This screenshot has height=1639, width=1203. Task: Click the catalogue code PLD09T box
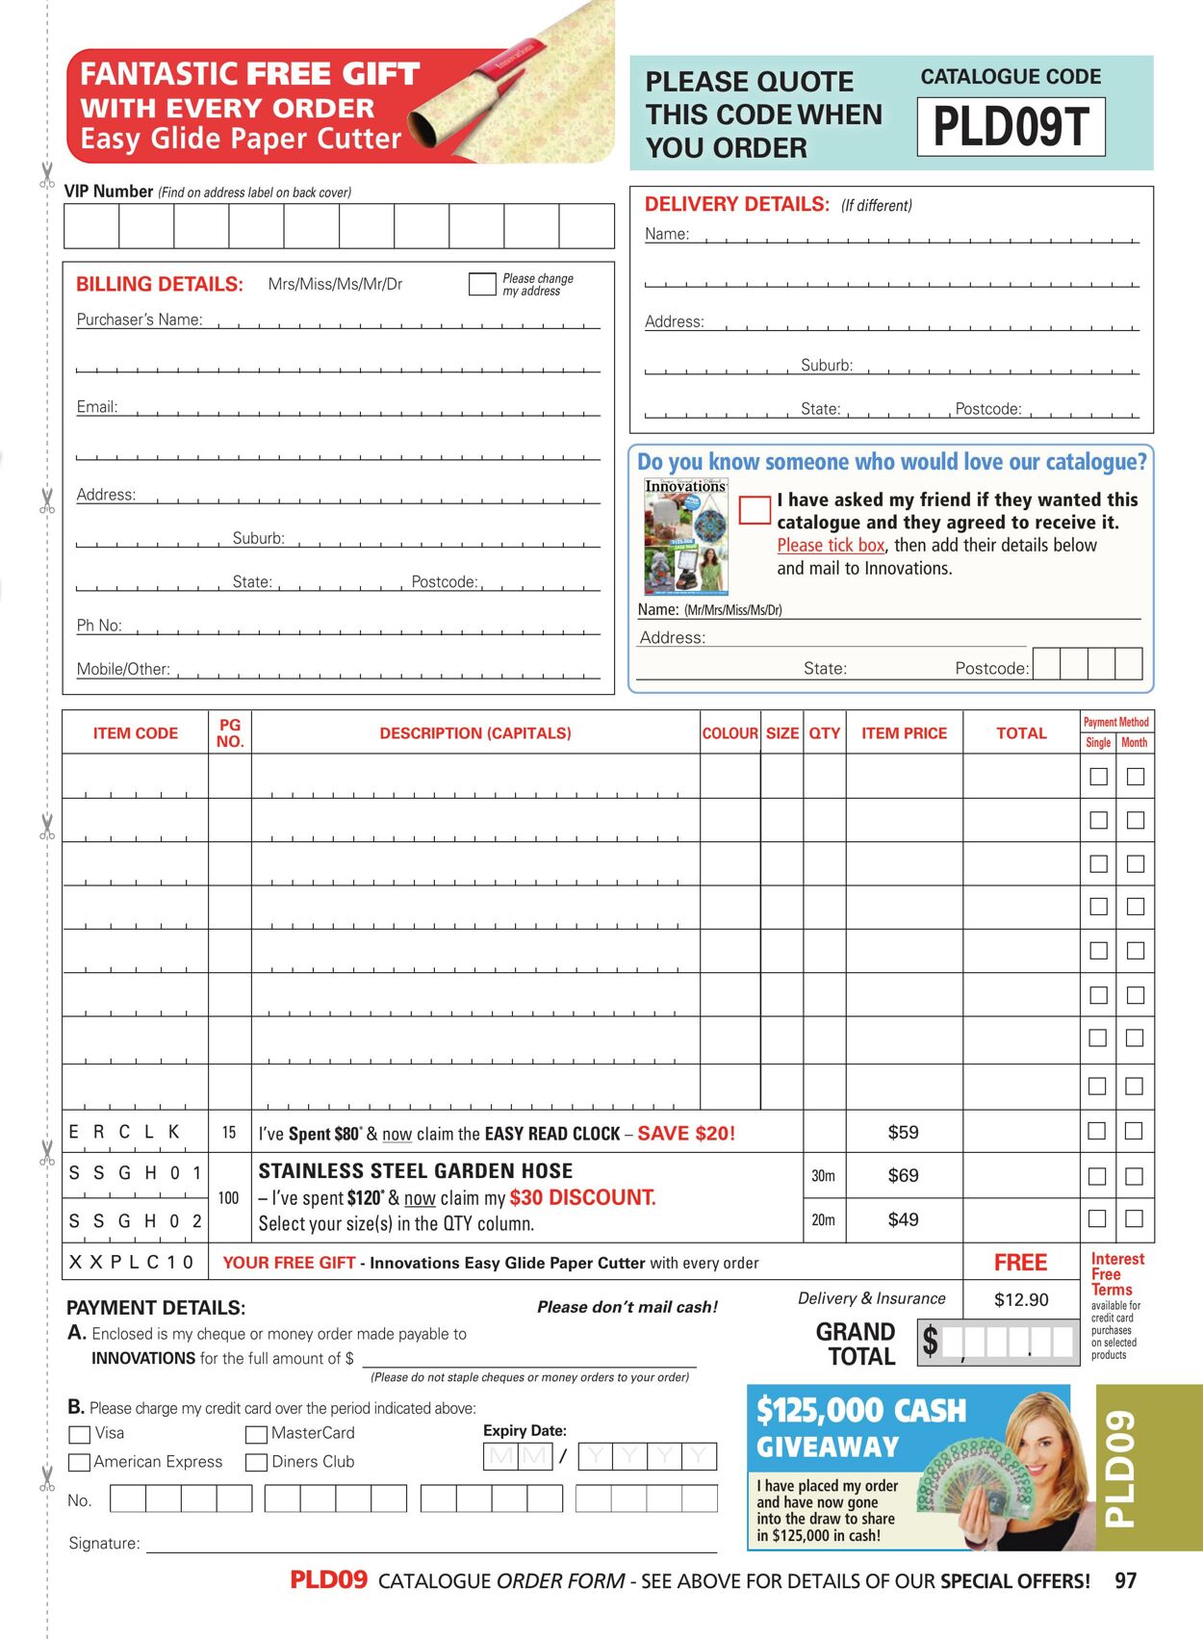pos(1011,126)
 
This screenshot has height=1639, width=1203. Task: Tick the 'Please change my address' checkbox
pos(481,284)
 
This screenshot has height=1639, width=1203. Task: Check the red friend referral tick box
pos(755,510)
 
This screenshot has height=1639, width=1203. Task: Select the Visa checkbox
pos(80,1434)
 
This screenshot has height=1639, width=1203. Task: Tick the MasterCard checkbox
pos(256,1434)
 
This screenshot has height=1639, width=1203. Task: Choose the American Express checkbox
pos(80,1463)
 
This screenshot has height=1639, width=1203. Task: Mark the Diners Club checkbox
pos(256,1463)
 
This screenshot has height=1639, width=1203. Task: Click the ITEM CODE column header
pos(136,733)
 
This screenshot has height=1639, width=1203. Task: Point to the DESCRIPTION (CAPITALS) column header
pos(475,733)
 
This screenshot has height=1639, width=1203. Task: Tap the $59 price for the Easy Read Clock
pos(903,1133)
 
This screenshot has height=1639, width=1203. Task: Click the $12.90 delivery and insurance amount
pos(1021,1300)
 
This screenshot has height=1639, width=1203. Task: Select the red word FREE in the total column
pos(1020,1263)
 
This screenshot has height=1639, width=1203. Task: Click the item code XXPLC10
pos(132,1262)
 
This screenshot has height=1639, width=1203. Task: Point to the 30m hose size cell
pos(824,1176)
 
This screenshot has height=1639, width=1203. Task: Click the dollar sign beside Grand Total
pos(930,1341)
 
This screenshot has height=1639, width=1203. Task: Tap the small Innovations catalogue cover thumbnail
pos(686,537)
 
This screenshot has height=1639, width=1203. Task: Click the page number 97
pos(1125,1581)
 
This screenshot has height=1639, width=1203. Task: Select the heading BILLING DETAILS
pos(160,285)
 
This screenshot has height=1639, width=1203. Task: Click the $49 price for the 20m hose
pos(903,1220)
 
